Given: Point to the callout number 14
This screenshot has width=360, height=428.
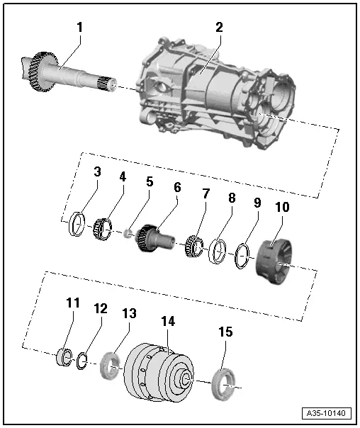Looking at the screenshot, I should pyautogui.click(x=169, y=320).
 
